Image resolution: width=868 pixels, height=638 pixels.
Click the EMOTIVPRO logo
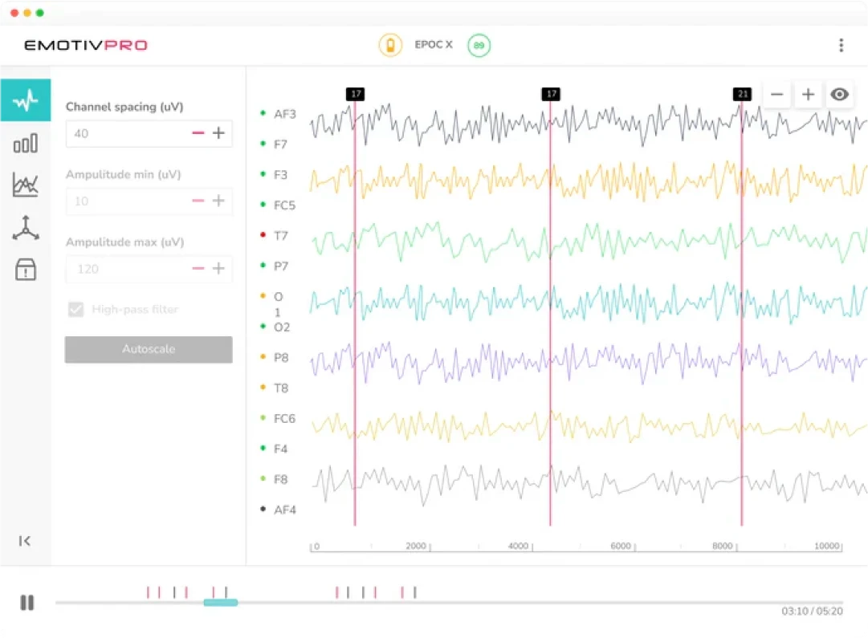pyautogui.click(x=86, y=45)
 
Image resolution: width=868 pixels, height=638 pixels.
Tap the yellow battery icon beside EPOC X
pyautogui.click(x=390, y=45)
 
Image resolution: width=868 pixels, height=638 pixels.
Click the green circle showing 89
pyautogui.click(x=479, y=46)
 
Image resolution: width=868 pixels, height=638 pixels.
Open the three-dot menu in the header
pyautogui.click(x=841, y=46)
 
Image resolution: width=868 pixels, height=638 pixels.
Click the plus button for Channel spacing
pyautogui.click(x=218, y=133)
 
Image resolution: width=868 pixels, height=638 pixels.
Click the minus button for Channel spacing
pyautogui.click(x=198, y=133)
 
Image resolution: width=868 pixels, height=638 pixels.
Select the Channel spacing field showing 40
pyautogui.click(x=124, y=134)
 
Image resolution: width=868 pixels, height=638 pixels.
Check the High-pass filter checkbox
pyautogui.click(x=76, y=310)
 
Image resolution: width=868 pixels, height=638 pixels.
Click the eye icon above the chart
pyautogui.click(x=839, y=95)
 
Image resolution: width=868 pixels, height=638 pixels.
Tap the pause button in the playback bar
pyautogui.click(x=27, y=602)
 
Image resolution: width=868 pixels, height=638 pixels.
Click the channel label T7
pyautogui.click(x=281, y=236)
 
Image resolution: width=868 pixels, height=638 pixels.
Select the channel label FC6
pyautogui.click(x=284, y=419)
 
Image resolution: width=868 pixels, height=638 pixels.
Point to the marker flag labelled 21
pyautogui.click(x=743, y=95)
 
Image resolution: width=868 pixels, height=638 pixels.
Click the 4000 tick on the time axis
pyautogui.click(x=519, y=547)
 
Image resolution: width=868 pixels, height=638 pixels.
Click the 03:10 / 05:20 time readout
pyautogui.click(x=812, y=612)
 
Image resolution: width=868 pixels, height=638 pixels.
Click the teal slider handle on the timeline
pyautogui.click(x=220, y=602)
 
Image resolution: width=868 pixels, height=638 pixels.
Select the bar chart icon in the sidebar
pyautogui.click(x=26, y=144)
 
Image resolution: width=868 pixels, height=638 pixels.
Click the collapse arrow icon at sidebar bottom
pyautogui.click(x=25, y=541)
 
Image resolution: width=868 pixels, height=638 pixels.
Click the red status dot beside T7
pyautogui.click(x=263, y=236)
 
